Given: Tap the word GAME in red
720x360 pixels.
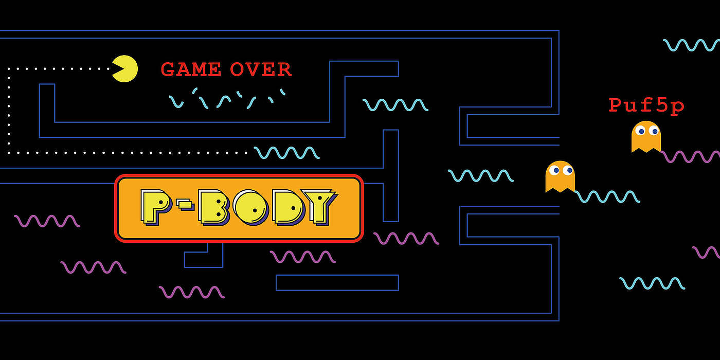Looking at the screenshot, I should (191, 70).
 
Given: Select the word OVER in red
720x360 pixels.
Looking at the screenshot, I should (261, 70).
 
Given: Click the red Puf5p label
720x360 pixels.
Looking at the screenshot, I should (646, 106).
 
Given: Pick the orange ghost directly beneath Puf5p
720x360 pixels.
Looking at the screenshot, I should (646, 137).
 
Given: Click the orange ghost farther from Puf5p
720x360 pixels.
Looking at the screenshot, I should (560, 176).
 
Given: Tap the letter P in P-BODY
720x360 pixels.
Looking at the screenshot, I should (156, 206).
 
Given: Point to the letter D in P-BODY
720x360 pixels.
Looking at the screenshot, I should (287, 206).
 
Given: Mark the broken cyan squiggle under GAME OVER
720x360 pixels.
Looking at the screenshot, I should (226, 99).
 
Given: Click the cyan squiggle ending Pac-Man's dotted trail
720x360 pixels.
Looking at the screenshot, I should (286, 153).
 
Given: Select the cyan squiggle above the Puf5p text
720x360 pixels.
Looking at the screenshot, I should (691, 45).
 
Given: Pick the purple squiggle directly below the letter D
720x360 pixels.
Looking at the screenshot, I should (302, 257).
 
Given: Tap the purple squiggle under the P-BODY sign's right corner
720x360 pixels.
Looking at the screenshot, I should (406, 238).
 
